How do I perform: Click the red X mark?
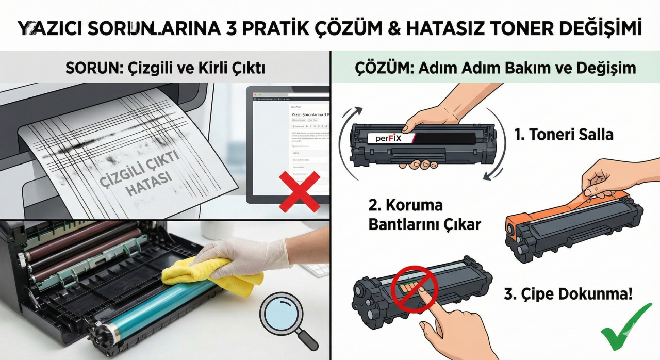coord(299,192)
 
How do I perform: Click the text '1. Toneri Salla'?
coord(564,135)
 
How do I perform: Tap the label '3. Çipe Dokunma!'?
coord(568,294)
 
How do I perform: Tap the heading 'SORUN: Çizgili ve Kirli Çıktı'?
coord(165,68)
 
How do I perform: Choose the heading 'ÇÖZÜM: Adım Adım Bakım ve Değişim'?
coord(496,68)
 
